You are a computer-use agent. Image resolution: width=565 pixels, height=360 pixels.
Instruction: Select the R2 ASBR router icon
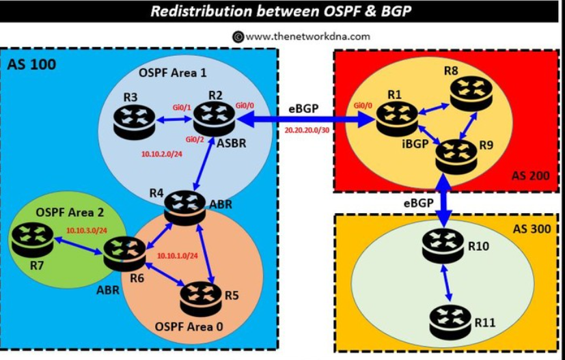click(x=213, y=120)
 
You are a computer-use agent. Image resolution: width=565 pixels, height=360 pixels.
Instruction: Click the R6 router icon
click(x=124, y=253)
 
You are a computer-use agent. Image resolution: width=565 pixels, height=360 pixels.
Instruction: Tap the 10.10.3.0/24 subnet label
click(x=87, y=230)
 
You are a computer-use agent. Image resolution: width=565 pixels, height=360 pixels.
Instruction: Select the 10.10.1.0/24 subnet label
click(x=178, y=256)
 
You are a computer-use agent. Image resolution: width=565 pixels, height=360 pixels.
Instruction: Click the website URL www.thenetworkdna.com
click(x=308, y=37)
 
